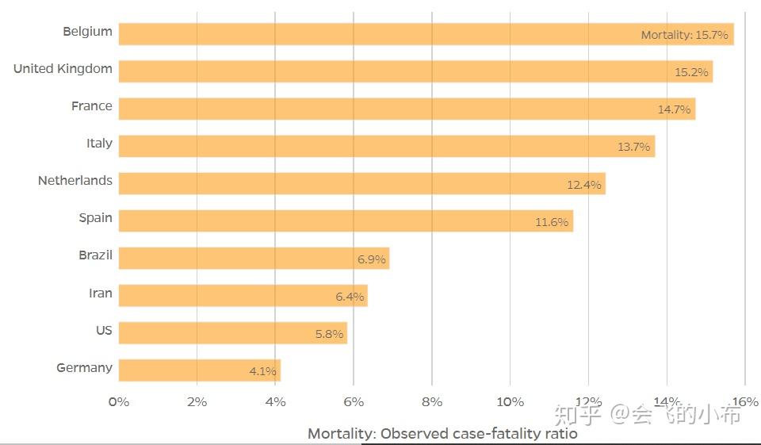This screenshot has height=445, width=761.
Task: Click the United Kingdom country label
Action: coord(63,69)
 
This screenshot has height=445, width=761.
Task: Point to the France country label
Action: coord(92,106)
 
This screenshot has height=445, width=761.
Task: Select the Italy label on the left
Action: coord(99,144)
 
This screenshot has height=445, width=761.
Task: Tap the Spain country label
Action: coord(95,218)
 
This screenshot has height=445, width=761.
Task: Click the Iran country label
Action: coord(101,293)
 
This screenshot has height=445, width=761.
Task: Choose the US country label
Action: coord(104,330)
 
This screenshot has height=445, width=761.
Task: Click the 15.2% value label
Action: coord(691,72)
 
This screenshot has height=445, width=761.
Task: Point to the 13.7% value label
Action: coord(633,147)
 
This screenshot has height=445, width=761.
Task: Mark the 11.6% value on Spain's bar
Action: coord(552,222)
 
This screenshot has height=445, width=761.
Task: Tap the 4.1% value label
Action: coord(262,371)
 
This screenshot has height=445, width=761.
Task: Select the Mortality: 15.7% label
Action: coord(684,35)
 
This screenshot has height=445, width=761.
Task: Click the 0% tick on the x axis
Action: coord(119,402)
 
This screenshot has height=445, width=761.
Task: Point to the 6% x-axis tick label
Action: coord(354,402)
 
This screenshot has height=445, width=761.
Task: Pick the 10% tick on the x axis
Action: coord(510,402)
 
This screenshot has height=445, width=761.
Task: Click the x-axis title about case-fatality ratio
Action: coord(442,434)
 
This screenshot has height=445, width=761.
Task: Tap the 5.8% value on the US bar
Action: coord(329,335)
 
